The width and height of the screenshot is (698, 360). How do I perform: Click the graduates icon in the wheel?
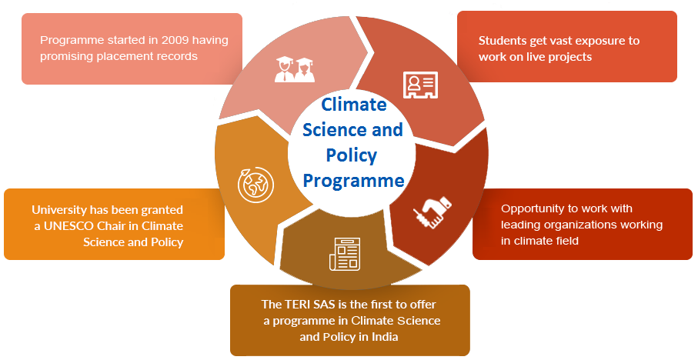(295, 70)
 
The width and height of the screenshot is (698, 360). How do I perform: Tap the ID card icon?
(420, 85)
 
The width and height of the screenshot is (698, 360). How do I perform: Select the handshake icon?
(432, 213)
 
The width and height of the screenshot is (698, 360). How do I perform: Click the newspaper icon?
(345, 254)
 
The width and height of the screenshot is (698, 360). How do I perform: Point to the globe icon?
(255, 185)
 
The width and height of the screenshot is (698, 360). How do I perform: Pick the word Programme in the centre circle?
(353, 181)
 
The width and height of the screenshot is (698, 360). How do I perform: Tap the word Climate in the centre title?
(354, 105)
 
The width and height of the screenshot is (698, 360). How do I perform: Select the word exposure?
(594, 41)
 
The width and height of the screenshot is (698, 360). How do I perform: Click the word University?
(60, 210)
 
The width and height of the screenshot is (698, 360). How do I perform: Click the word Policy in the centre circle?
(352, 155)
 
